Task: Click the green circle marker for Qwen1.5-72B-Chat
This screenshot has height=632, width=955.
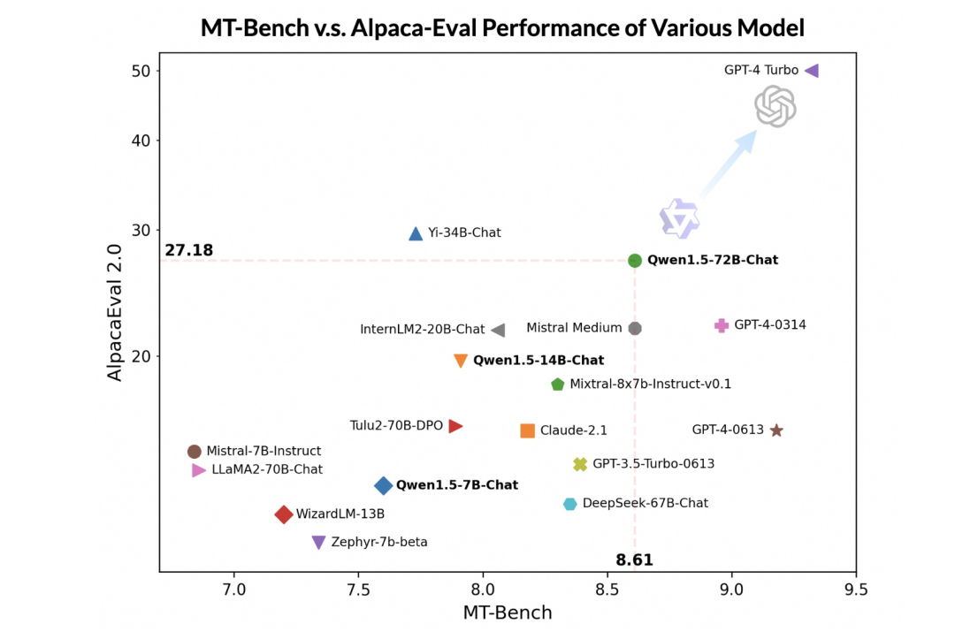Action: pyautogui.click(x=635, y=261)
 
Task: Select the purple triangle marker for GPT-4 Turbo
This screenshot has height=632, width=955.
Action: pyautogui.click(x=812, y=71)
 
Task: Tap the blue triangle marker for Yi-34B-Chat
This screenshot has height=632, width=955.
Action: pyautogui.click(x=416, y=233)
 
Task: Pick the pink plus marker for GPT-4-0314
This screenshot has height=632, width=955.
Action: pyautogui.click(x=722, y=326)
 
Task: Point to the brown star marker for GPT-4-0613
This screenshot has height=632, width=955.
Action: pyautogui.click(x=776, y=430)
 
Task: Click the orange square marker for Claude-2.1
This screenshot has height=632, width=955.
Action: pyautogui.click(x=527, y=430)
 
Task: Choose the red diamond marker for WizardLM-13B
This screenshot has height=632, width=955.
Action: pyautogui.click(x=283, y=514)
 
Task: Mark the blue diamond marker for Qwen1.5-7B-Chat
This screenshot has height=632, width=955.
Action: pyautogui.click(x=383, y=485)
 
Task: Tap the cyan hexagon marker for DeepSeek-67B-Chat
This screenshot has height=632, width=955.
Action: pyautogui.click(x=570, y=504)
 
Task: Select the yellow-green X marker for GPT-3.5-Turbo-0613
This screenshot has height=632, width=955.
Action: pyautogui.click(x=580, y=464)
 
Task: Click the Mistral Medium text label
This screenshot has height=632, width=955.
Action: pyautogui.click(x=574, y=328)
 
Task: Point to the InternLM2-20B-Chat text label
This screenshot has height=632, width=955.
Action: pyautogui.click(x=422, y=330)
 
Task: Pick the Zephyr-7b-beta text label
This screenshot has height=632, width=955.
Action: pyautogui.click(x=378, y=542)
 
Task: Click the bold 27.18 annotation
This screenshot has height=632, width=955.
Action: pyautogui.click(x=189, y=250)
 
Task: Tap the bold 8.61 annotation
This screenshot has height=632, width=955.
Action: pyautogui.click(x=634, y=560)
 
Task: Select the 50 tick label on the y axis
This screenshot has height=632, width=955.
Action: pyautogui.click(x=141, y=72)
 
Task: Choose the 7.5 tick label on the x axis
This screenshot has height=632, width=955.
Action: pyautogui.click(x=358, y=590)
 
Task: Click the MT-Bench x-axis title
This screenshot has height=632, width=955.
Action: pyautogui.click(x=508, y=613)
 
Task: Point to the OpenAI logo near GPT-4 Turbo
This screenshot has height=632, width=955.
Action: pyautogui.click(x=775, y=107)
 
